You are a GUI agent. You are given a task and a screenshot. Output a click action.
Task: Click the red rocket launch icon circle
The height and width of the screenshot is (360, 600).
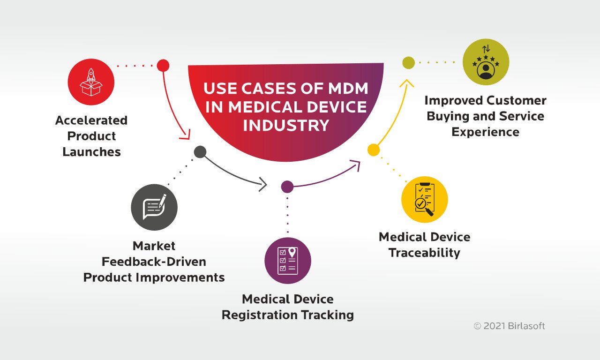pos(91,82)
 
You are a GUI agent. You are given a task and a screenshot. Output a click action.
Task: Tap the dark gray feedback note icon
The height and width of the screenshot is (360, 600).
pos(154,207)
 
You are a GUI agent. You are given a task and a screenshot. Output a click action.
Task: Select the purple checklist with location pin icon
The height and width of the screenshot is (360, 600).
pos(288,261)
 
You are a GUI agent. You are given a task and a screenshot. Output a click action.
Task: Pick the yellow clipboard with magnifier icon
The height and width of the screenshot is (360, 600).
pos(425,199)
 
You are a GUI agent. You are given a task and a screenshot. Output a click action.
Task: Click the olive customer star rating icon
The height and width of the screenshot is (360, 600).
pos(486,62)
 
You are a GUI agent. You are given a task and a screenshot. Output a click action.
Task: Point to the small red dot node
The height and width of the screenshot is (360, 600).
pos(163,65)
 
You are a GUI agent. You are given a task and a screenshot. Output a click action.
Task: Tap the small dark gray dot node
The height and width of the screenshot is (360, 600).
pos(200,152)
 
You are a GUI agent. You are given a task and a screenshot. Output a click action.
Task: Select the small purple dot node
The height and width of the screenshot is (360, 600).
pos(287,187)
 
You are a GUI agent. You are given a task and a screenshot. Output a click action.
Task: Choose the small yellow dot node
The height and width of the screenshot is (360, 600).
pos(374,150)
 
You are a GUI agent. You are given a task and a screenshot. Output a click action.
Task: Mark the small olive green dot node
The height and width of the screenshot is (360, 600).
pos(409,62)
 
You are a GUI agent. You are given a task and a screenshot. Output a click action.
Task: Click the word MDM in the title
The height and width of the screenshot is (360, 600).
pos(345,89)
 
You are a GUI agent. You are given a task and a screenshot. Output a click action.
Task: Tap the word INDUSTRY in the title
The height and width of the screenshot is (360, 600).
pos(286,125)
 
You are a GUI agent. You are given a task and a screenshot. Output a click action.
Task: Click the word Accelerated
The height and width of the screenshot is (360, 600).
pos(91,120)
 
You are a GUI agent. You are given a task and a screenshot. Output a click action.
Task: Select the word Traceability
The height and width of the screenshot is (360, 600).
pos(424,253)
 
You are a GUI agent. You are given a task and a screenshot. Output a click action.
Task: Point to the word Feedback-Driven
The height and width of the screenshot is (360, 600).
pos(154,262)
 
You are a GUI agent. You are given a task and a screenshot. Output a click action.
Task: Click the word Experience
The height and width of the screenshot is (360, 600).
pos(485,132)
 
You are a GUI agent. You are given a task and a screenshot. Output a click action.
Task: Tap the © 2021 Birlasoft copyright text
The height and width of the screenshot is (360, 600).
pos(509,326)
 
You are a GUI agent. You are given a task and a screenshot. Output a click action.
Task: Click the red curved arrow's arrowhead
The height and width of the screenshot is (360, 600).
pos(186,135)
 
